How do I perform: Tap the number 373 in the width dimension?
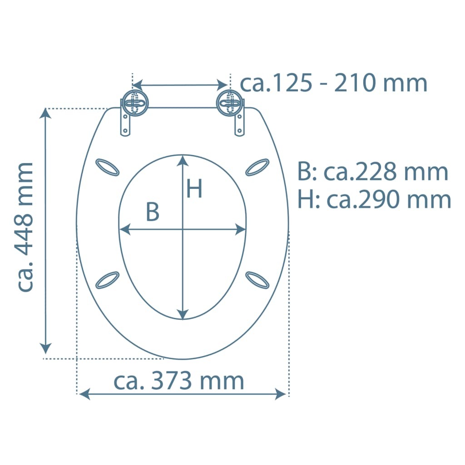pyautogui.click(x=171, y=381)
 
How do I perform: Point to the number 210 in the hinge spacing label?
pyautogui.click(x=356, y=83)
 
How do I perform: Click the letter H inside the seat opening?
pyautogui.click(x=194, y=188)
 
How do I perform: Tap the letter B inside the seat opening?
pyautogui.click(x=153, y=212)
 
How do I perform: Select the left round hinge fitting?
pyautogui.click(x=135, y=103)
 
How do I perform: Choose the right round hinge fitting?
pyautogui.click(x=229, y=103)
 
